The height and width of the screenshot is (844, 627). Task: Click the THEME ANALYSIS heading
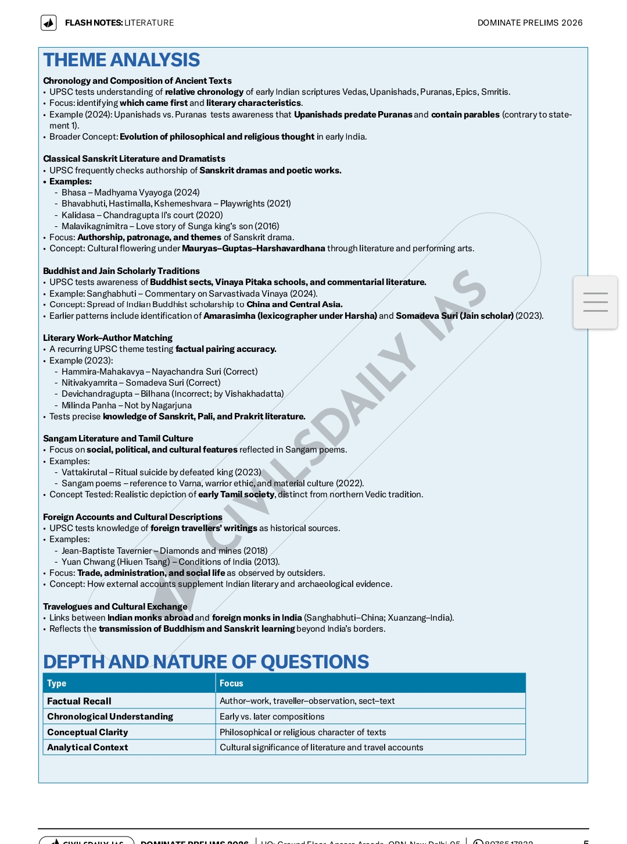tap(121, 60)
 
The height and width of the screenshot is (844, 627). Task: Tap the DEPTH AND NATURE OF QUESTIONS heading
tap(206, 661)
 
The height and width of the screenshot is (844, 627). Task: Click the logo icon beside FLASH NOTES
tap(49, 23)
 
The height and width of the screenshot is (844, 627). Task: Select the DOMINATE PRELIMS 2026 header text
tap(529, 23)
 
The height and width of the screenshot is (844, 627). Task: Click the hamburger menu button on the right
tap(595, 302)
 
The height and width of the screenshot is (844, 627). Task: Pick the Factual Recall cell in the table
tap(79, 701)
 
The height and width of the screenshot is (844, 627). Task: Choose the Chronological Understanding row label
tap(110, 717)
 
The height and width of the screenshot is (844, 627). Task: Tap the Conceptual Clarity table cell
tap(87, 732)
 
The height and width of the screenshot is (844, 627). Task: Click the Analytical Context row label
tap(87, 747)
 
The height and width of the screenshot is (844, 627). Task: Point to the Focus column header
tap(231, 683)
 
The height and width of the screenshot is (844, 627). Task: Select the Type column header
tap(56, 683)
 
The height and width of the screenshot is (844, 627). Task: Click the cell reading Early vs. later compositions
tap(272, 717)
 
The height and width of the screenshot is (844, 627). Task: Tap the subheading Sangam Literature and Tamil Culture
tap(118, 439)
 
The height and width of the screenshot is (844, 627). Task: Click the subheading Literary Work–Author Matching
tap(108, 338)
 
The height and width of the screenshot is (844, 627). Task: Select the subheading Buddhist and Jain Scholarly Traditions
tap(121, 271)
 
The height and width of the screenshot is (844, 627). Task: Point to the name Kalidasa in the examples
tap(78, 215)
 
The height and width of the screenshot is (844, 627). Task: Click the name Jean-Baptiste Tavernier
tap(106, 551)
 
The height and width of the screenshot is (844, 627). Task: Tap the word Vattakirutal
tap(84, 472)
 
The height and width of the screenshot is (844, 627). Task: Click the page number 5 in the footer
tap(586, 841)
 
